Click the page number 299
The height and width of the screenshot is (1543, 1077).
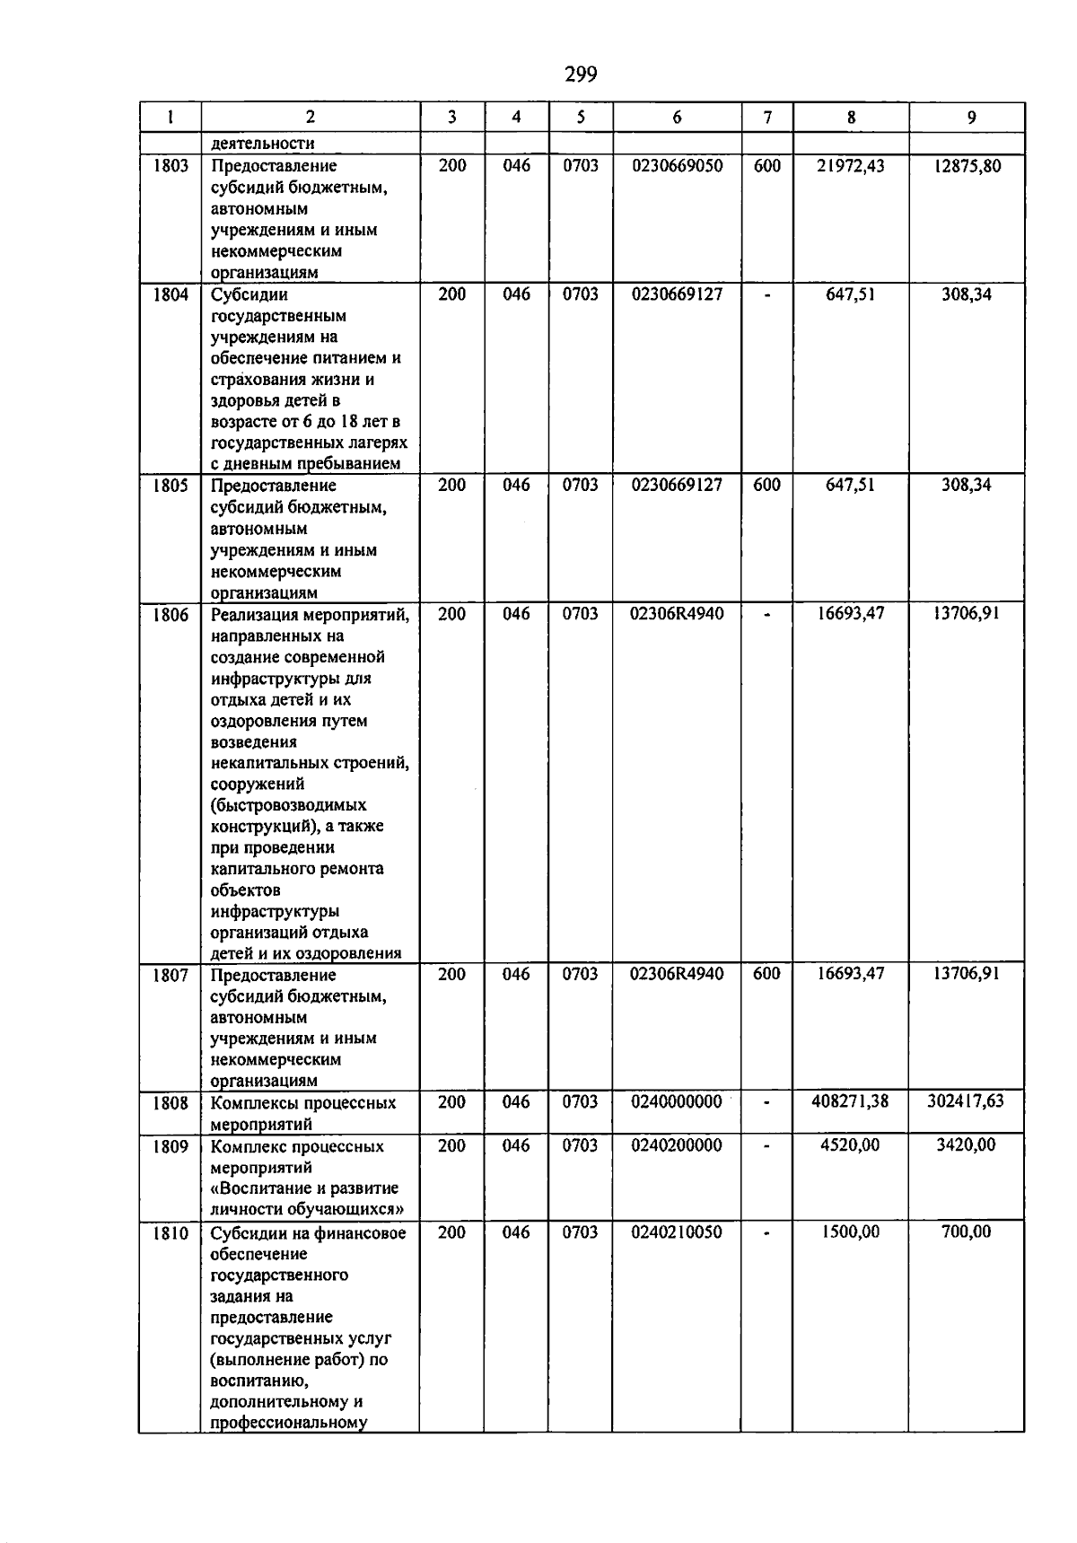[x=581, y=75]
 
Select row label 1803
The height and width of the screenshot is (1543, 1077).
[x=171, y=166]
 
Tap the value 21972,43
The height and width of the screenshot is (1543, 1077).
[x=850, y=166]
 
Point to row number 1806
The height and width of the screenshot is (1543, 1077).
[x=171, y=616]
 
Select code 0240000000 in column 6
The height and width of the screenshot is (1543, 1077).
[x=676, y=1102]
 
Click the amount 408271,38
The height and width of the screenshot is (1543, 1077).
[x=849, y=1101]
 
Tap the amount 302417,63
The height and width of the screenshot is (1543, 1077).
[x=966, y=1101]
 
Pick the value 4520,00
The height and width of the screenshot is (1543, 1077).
[x=850, y=1145]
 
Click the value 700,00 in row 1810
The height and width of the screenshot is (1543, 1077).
[x=967, y=1232]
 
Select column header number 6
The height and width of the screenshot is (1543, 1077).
[x=677, y=118]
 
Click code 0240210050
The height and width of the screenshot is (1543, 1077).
[x=676, y=1232]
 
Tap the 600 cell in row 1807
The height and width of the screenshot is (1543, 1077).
[x=766, y=974]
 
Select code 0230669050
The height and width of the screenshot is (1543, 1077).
[x=676, y=166]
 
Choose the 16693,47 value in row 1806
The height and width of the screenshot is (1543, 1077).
[x=850, y=615]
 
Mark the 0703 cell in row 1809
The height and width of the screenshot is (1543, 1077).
[x=580, y=1145]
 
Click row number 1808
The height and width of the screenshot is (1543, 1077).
[x=171, y=1103]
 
